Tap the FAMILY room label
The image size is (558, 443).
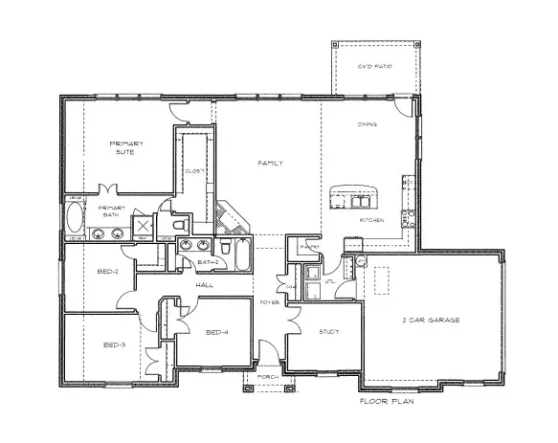[x=271, y=164]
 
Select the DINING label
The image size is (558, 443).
[x=367, y=124]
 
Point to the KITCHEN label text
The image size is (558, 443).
[x=371, y=220]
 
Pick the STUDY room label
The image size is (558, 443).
[x=330, y=331]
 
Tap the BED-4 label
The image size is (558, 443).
[x=217, y=332]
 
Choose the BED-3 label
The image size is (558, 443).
[x=114, y=344]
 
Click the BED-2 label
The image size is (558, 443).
[x=107, y=271]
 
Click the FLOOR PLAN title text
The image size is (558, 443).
[x=387, y=402]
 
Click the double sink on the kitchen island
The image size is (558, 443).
[x=359, y=201]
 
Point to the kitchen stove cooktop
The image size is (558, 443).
[x=408, y=197]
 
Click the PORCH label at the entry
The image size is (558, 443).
[x=268, y=377]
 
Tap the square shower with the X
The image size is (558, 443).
[x=142, y=225]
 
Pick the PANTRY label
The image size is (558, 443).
[x=308, y=246]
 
